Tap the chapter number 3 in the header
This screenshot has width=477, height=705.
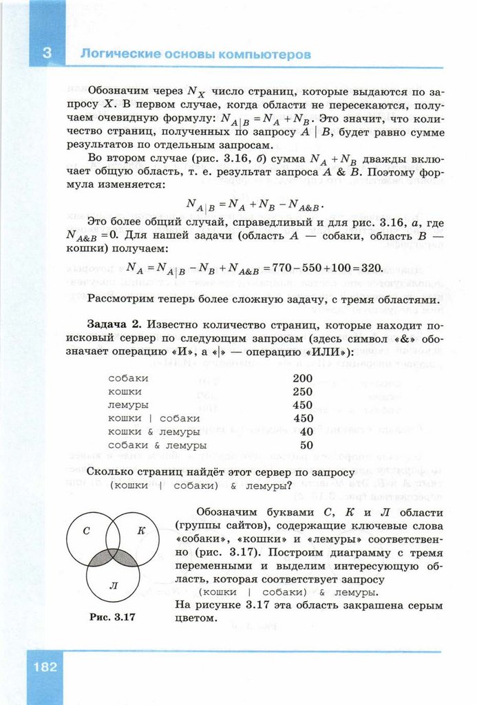point(47,54)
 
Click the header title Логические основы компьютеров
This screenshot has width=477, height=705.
point(195,54)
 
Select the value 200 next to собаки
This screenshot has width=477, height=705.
point(303,378)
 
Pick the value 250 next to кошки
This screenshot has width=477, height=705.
point(303,391)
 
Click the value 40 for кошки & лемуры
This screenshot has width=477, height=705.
point(306,432)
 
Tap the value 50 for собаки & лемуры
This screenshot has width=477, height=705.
point(306,445)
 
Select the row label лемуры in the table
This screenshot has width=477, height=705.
point(129,405)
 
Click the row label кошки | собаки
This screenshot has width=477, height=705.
point(154,418)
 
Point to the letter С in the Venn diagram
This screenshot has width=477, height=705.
point(87,531)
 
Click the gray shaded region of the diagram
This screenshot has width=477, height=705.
point(113,556)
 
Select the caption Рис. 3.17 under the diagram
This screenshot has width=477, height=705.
point(112,617)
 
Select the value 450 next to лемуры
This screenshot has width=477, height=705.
point(303,405)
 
